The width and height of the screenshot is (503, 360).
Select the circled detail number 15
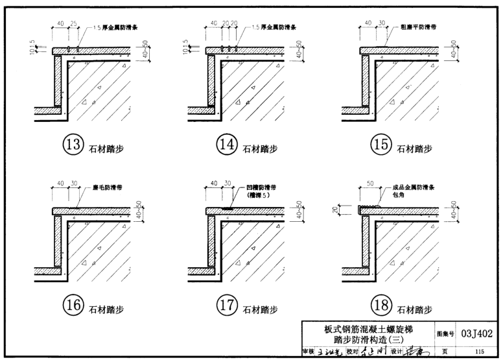[381, 146]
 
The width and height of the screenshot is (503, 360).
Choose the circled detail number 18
[381, 306]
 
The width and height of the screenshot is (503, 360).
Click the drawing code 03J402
[480, 334]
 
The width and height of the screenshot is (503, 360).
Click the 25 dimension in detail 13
[75, 24]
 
